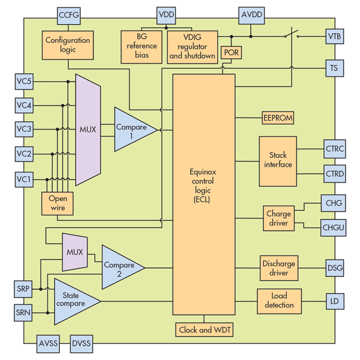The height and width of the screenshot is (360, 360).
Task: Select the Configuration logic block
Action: coord(67,45)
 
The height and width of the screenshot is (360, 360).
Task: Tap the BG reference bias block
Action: coord(142,46)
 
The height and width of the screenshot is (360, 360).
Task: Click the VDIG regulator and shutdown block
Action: coord(192,46)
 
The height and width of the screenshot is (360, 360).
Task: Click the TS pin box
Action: coord(335,68)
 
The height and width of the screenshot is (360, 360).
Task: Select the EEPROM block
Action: coord(278,118)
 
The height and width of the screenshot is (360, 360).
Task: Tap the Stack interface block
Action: coord(278,160)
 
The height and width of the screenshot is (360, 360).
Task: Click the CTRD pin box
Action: coord(335,174)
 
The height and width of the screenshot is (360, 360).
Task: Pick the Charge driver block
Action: coord(278,218)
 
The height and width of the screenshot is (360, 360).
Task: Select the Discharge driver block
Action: coord(278,267)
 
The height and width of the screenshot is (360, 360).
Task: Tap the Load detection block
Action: coord(279,300)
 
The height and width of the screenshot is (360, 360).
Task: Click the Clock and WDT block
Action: coord(205,330)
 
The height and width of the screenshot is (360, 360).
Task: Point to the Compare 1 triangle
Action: coord(131,129)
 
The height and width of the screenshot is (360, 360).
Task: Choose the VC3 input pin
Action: coord(24,129)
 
